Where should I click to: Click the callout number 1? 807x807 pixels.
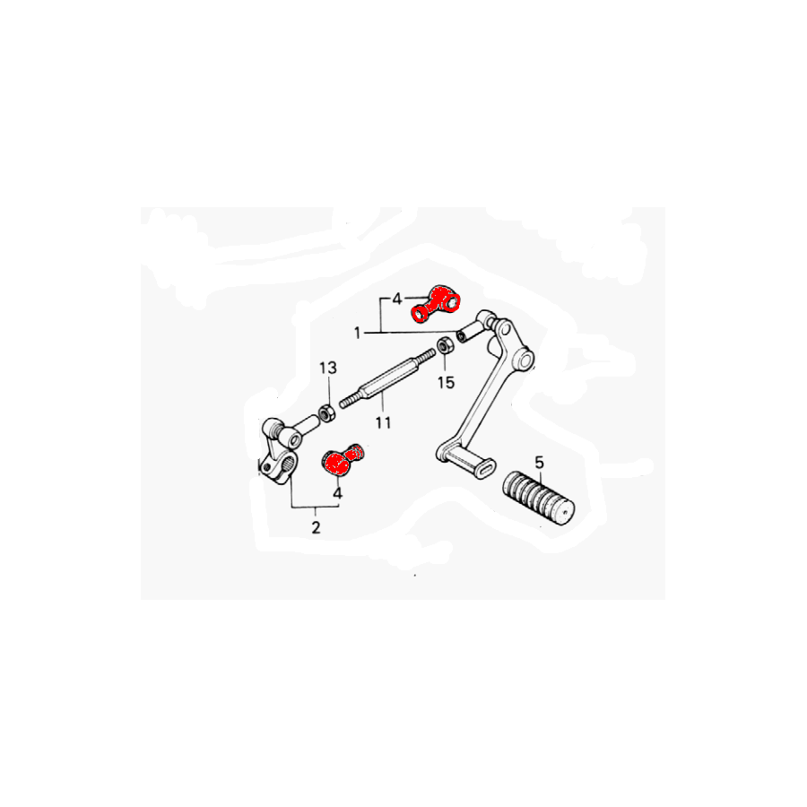[357, 333]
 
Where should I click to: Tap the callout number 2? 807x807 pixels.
[316, 527]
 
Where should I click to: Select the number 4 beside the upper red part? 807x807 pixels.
[397, 299]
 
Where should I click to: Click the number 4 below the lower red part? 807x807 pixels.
[338, 493]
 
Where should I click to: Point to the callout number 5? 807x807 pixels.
[539, 462]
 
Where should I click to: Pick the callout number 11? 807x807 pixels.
[383, 422]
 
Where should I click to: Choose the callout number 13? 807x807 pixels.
[328, 368]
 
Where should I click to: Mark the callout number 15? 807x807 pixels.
[447, 382]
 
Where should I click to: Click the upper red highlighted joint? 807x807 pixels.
[436, 304]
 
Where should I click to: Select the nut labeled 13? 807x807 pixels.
[326, 413]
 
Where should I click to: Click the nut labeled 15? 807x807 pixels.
[445, 344]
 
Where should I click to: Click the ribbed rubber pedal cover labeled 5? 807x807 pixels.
[538, 497]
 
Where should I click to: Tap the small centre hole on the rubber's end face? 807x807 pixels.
[565, 512]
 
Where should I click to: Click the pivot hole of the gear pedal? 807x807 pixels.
[525, 360]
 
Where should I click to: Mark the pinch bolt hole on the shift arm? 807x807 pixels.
[265, 467]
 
